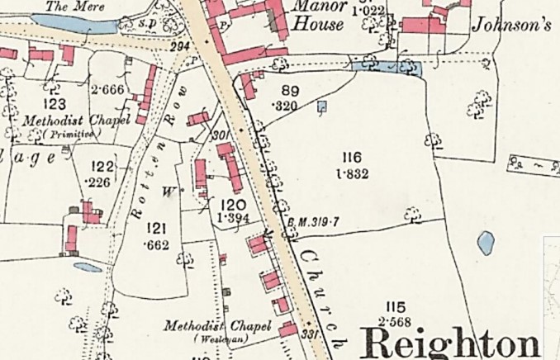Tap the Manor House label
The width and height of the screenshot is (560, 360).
[317, 15]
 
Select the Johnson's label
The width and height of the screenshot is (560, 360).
[511, 24]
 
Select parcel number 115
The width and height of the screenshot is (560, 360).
[396, 307]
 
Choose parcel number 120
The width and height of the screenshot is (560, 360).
[234, 204]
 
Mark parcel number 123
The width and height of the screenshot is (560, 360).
[55, 104]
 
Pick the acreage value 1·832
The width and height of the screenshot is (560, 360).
[351, 173]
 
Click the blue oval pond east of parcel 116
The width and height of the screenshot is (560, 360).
[486, 243]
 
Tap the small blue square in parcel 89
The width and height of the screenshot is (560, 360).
[321, 106]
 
